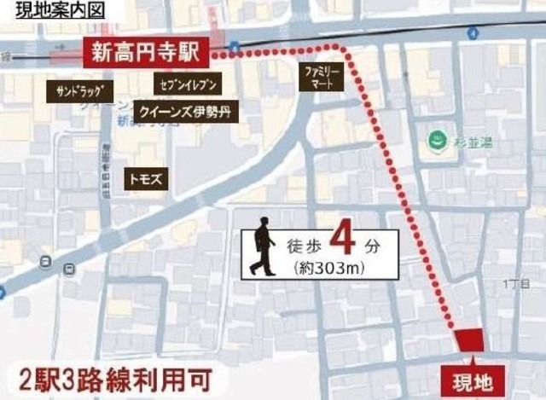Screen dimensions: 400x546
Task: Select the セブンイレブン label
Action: (x=189, y=84)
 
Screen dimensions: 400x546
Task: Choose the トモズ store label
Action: (x=144, y=179)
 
